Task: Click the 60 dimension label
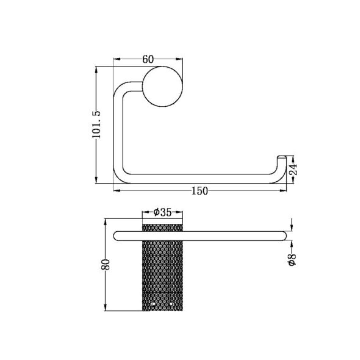click(148, 59)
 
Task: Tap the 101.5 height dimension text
click(96, 125)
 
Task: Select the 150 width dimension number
click(200, 191)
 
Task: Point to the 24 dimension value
click(293, 169)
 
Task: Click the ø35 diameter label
click(162, 212)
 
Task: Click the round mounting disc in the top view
click(163, 87)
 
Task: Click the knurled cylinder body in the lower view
click(162, 270)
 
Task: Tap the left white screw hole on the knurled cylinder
click(154, 304)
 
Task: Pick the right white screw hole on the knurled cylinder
click(171, 304)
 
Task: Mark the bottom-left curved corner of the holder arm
click(120, 177)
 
